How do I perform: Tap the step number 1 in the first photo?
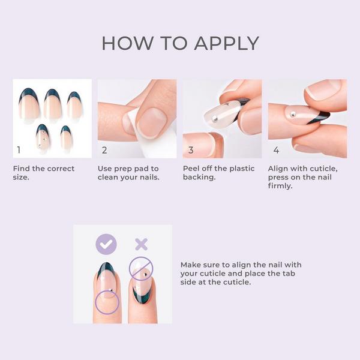pos(19,150)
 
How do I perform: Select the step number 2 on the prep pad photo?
pos(104,150)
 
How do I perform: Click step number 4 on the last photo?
pos(275,150)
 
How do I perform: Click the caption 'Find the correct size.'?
pos(44,173)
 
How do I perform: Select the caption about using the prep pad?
pos(128,173)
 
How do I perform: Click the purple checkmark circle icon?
pos(106,244)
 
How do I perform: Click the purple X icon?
pos(141,244)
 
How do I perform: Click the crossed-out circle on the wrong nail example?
pos(142,268)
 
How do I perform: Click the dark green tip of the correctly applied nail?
pos(106,268)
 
